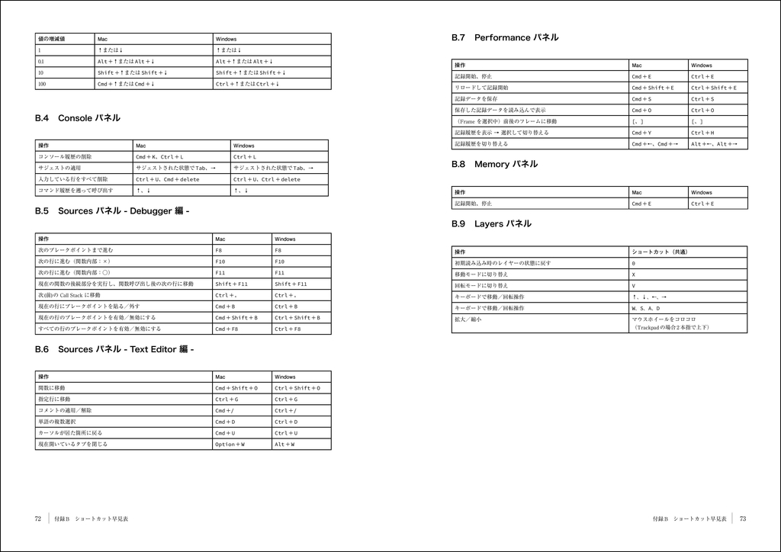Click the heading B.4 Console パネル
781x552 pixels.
click(78, 118)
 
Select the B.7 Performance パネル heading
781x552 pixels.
click(505, 37)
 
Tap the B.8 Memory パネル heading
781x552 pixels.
click(494, 164)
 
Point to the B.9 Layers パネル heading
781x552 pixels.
click(491, 224)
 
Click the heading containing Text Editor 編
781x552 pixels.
click(114, 349)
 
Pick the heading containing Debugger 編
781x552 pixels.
click(112, 210)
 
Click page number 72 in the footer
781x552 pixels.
click(38, 518)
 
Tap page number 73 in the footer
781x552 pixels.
click(742, 518)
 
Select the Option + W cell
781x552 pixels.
click(230, 444)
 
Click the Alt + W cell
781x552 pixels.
click(284, 444)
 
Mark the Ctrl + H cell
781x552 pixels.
click(702, 133)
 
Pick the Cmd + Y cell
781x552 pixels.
click(641, 133)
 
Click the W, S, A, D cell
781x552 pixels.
click(645, 308)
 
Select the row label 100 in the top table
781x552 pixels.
click(42, 84)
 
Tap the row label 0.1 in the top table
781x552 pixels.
click(42, 61)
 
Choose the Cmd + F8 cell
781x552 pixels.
click(227, 329)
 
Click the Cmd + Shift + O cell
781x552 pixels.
click(236, 388)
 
